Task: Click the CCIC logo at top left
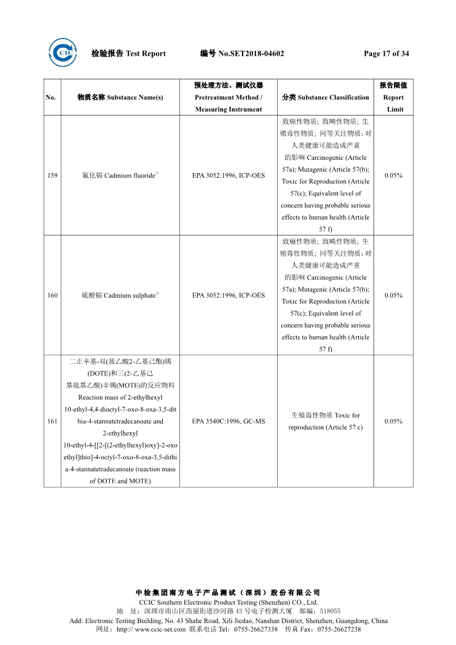pyautogui.click(x=63, y=52)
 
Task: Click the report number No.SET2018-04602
pyautogui.click(x=242, y=54)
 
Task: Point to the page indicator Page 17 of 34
pyautogui.click(x=386, y=54)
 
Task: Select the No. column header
pyautogui.click(x=51, y=98)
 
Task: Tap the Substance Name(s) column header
pyautogui.click(x=120, y=98)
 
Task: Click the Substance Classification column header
pyautogui.click(x=325, y=98)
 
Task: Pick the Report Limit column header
pyautogui.click(x=393, y=97)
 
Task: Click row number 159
pyautogui.click(x=52, y=175)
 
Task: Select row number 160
pyautogui.click(x=52, y=295)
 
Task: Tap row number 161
pyautogui.click(x=52, y=421)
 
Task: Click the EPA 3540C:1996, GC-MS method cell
pyautogui.click(x=228, y=421)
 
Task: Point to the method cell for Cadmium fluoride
pyautogui.click(x=228, y=175)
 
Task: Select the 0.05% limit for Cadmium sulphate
pyautogui.click(x=393, y=295)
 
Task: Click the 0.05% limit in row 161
pyautogui.click(x=393, y=421)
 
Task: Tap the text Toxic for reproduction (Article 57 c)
pyautogui.click(x=325, y=421)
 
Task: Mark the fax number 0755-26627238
pyautogui.click(x=339, y=629)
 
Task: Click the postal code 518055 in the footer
pyautogui.click(x=330, y=611)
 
